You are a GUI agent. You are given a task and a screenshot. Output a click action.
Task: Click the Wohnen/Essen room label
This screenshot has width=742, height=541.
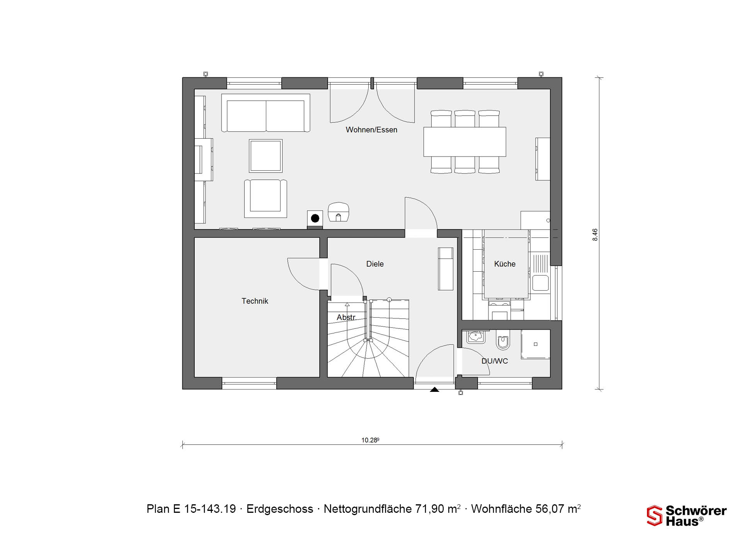(x=371, y=130)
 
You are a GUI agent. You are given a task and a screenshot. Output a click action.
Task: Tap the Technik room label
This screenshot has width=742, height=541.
(x=255, y=301)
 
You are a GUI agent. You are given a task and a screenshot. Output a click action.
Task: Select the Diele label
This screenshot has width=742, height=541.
(x=375, y=264)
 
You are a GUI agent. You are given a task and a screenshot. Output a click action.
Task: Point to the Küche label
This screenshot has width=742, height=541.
(x=505, y=264)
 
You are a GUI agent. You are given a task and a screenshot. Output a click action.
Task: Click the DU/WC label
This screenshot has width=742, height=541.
(x=495, y=361)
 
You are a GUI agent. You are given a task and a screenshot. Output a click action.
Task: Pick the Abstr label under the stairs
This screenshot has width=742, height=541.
(x=346, y=317)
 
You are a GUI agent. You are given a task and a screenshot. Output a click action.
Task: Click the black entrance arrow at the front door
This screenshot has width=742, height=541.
(x=434, y=390)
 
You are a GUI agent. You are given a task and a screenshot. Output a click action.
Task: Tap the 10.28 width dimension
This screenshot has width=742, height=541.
(x=370, y=440)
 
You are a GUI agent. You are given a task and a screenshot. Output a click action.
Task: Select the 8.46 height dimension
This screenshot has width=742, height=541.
(x=595, y=235)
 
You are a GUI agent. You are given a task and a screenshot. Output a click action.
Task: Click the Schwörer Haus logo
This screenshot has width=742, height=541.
(x=687, y=516)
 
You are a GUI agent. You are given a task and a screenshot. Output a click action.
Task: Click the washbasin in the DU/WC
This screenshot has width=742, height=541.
(x=476, y=337)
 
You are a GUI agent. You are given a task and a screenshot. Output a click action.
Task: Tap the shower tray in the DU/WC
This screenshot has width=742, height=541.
(x=535, y=344)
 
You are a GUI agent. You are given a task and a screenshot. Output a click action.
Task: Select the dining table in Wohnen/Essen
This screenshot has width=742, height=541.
(x=465, y=142)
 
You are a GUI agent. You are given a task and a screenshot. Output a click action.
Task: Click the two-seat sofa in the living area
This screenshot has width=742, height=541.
(x=266, y=113)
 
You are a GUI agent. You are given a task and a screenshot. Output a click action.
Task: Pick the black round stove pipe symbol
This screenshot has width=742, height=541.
(x=315, y=218)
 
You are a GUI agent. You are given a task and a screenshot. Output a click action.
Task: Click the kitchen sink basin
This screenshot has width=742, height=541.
(x=540, y=282)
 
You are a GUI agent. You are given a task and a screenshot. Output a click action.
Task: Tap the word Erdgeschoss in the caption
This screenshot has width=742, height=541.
(x=280, y=509)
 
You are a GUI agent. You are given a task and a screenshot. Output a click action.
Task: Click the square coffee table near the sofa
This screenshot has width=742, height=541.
(x=265, y=156)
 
